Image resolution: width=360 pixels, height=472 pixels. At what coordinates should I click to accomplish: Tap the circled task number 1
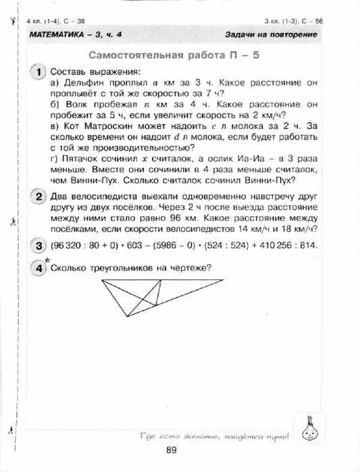click(x=38, y=72)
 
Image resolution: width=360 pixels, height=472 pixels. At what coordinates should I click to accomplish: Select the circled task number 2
click(x=38, y=196)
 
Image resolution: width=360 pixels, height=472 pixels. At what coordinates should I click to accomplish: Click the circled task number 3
click(x=38, y=245)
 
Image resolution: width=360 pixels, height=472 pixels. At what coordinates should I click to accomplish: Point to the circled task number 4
click(x=38, y=267)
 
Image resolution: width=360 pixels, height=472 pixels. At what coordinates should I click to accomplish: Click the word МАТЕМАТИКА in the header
click(x=57, y=34)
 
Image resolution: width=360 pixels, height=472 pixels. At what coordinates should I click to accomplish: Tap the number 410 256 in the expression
click(x=272, y=245)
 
